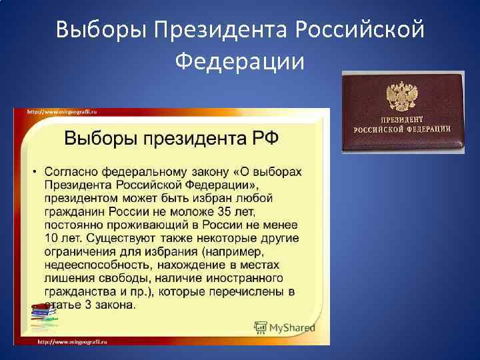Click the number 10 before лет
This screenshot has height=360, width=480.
click(53, 238)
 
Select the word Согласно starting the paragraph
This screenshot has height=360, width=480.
click(71, 172)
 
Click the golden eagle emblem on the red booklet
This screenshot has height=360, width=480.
click(401, 97)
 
